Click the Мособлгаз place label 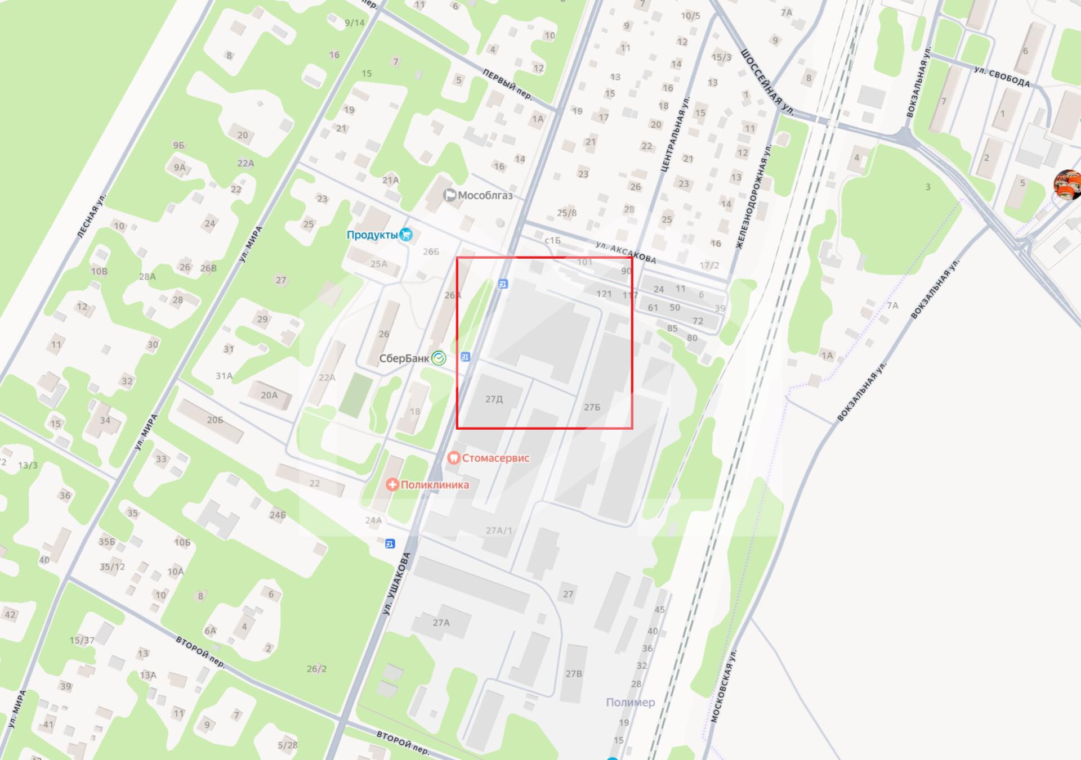pyautogui.click(x=485, y=195)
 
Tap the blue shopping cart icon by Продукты pyautogui.click(x=405, y=235)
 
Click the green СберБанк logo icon pyautogui.click(x=439, y=358)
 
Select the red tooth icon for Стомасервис pyautogui.click(x=453, y=458)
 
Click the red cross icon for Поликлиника pyautogui.click(x=392, y=484)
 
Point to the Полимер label pyautogui.click(x=630, y=702)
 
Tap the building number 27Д pyautogui.click(x=494, y=399)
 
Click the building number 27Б pyautogui.click(x=592, y=407)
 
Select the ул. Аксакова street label pyautogui.click(x=626, y=253)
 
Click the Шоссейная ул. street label pyautogui.click(x=767, y=82)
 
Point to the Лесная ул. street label pyautogui.click(x=92, y=214)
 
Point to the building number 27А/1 pyautogui.click(x=499, y=530)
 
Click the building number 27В pyautogui.click(x=574, y=673)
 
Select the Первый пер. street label pyautogui.click(x=507, y=84)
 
